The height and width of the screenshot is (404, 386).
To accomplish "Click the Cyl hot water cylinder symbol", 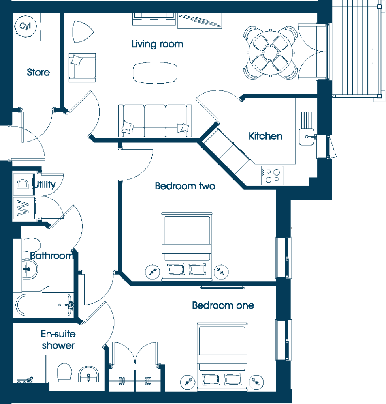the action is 26,26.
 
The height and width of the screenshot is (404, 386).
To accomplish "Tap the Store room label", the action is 38,72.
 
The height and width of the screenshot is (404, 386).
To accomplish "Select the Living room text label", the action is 157,44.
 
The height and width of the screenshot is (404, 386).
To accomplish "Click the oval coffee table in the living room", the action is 155,73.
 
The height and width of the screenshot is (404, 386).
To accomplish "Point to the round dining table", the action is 271,53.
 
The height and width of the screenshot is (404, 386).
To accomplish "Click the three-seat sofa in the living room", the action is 155,121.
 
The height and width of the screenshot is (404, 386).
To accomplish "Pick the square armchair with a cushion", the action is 82,68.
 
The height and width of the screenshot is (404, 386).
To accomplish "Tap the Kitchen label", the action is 265,136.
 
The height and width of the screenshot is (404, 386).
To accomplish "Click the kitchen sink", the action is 307,137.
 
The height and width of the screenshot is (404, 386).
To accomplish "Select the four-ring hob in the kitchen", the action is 272,176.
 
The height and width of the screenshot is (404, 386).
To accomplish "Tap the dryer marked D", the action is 23,184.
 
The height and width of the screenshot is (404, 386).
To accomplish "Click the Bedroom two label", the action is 185,186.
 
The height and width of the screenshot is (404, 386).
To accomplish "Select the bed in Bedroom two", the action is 186,247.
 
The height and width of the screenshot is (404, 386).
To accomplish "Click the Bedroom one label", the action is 223,305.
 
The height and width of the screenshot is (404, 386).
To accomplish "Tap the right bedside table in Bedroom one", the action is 256,382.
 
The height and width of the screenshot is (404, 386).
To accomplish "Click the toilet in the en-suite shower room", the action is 64,372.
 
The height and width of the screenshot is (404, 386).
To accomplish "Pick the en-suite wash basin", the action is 88,374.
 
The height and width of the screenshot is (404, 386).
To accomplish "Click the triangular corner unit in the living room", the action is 83,32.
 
